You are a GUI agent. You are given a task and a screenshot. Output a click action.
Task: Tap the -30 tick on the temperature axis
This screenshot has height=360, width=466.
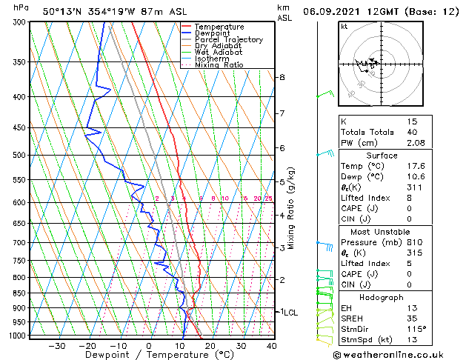pos(56,346)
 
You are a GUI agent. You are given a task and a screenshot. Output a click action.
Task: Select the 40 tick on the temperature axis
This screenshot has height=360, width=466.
pos(272,346)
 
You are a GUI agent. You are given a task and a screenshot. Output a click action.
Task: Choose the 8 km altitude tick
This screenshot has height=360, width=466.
pos(282,77)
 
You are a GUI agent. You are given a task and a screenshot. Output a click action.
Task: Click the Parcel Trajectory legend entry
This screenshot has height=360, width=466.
pos(228,40)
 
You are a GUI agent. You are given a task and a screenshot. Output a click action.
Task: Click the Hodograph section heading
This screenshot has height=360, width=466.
pos(382,297)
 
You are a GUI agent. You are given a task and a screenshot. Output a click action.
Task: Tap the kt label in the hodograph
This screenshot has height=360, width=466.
pos(344,27)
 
